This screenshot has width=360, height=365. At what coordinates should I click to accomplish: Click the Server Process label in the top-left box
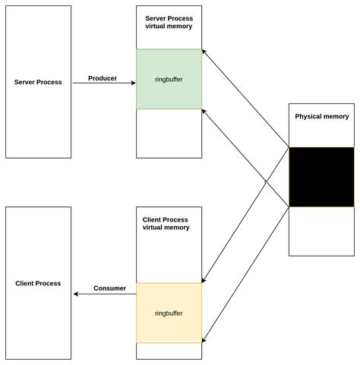pyautogui.click(x=39, y=81)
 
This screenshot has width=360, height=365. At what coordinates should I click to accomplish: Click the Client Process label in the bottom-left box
pyautogui.click(x=38, y=283)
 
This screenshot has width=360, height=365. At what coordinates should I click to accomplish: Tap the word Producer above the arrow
pyautogui.click(x=103, y=78)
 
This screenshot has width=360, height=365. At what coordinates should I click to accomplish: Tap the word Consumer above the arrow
pyautogui.click(x=109, y=288)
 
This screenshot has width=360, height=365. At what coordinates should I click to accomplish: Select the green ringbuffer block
pyautogui.click(x=169, y=79)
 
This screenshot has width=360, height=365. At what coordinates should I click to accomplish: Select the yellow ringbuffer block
pyautogui.click(x=169, y=313)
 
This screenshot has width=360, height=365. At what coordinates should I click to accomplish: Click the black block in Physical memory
pyautogui.click(x=321, y=177)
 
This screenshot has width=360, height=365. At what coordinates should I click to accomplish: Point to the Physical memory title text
pyautogui.click(x=322, y=117)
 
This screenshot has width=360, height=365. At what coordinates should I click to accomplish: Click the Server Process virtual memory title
pyautogui.click(x=169, y=21)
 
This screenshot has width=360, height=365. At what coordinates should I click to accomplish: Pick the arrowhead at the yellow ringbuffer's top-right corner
pyautogui.click(x=204, y=281)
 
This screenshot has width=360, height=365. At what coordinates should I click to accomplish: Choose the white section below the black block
pyautogui.click(x=321, y=231)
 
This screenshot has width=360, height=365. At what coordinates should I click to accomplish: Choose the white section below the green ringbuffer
pyautogui.click(x=169, y=133)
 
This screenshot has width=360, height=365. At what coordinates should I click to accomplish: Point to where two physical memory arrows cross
pyautogui.click(x=267, y=181)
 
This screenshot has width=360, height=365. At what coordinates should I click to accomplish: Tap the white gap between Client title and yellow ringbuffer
pyautogui.click(x=169, y=258)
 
